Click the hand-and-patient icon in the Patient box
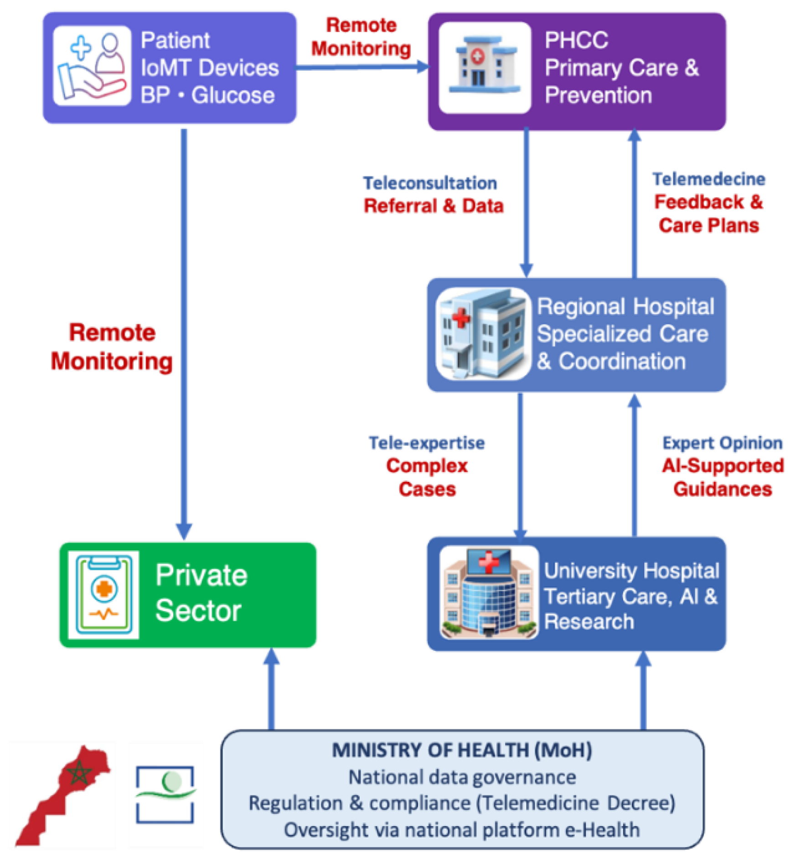click(92, 66)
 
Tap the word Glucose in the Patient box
click(233, 95)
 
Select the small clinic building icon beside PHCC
click(484, 67)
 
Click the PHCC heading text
click(576, 40)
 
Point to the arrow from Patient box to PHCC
click(362, 67)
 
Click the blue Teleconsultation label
click(429, 183)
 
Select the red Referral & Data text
click(433, 206)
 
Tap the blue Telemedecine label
click(708, 179)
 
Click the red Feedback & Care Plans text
click(708, 213)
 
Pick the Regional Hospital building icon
click(483, 333)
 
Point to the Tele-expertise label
click(426, 442)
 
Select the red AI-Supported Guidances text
click(722, 477)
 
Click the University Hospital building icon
click(488, 593)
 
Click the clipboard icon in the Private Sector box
click(104, 594)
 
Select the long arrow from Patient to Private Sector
click(184, 333)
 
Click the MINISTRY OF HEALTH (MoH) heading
click(461, 750)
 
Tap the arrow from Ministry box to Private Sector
click(271, 688)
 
